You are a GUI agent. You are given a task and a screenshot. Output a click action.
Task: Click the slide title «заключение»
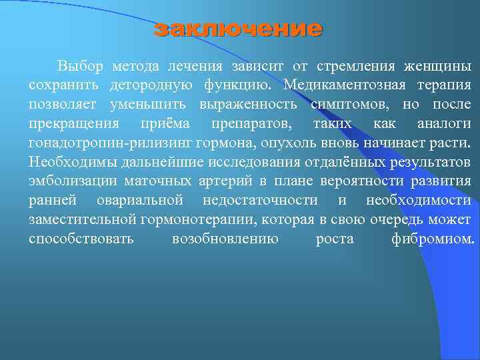point(237,29)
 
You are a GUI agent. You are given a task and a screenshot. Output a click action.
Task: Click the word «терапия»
point(444,85)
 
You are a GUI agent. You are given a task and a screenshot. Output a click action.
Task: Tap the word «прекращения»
point(74,124)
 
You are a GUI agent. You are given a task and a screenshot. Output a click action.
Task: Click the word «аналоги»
point(443,124)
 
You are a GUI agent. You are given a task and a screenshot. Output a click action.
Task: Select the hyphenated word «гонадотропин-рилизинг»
point(109,143)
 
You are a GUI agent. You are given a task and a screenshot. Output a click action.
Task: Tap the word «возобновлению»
point(225,239)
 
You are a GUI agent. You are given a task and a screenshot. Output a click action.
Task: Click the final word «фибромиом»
point(433,239)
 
